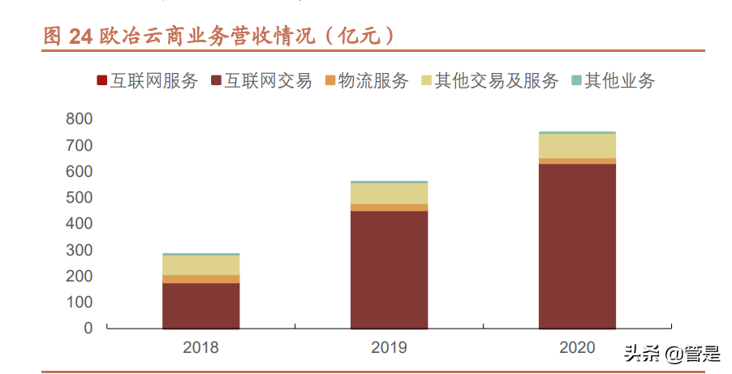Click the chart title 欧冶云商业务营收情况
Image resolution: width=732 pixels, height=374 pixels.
point(208,36)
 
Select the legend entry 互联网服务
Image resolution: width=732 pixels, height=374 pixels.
point(148,81)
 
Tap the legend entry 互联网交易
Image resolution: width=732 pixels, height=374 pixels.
point(261,81)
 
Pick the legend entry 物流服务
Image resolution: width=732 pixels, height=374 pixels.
point(367,81)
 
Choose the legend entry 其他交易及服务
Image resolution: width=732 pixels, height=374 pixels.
point(489,81)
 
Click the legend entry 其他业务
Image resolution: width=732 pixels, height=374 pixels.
point(614,81)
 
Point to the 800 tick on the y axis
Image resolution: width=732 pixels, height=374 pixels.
point(79,118)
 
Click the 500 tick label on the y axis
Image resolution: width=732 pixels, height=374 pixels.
point(79,197)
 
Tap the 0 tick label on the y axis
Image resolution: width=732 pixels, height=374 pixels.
point(88,328)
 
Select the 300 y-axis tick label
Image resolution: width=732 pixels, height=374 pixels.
point(79,250)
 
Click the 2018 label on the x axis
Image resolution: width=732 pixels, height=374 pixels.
point(200,347)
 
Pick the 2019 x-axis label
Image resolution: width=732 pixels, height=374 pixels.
point(389,347)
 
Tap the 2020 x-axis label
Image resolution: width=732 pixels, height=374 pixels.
point(577,347)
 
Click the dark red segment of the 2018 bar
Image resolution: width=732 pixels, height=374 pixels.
point(201,306)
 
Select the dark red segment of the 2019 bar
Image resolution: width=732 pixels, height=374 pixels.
point(390,270)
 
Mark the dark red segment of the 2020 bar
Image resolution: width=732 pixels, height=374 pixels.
point(578,246)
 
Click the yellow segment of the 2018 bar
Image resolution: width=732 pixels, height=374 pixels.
point(201,265)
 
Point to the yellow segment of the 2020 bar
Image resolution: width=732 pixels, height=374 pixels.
point(578,146)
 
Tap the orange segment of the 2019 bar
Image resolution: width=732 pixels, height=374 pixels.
point(390,208)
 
